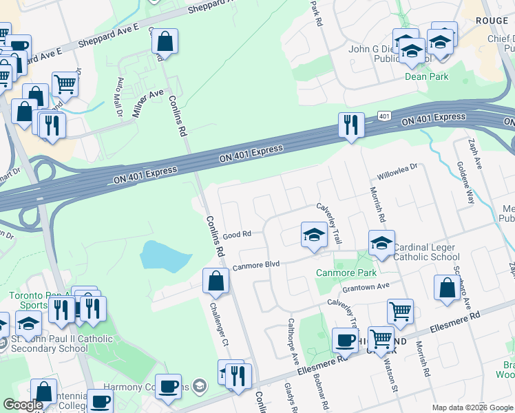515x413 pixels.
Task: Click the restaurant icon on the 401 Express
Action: (351, 125)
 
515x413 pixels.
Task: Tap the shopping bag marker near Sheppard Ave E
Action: (165, 41)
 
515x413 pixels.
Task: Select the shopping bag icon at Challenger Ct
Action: (216, 281)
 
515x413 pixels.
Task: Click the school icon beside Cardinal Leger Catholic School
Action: (381, 242)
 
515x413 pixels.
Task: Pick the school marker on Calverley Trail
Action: (314, 235)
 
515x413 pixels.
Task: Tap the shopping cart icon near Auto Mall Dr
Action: (65, 85)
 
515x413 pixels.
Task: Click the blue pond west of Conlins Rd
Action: (165, 256)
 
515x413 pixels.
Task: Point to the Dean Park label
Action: (426, 76)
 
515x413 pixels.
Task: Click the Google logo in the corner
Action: (23, 405)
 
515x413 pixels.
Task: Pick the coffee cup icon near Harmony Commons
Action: (168, 387)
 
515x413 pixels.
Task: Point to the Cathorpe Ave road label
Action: (293, 341)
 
